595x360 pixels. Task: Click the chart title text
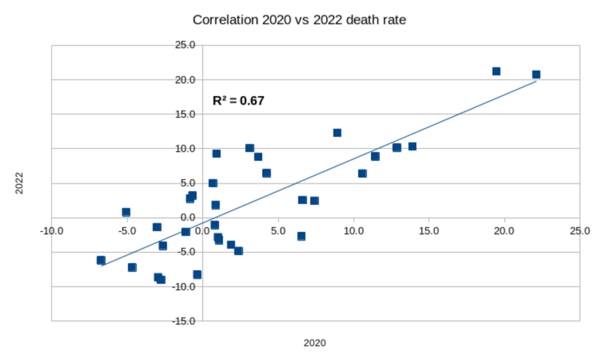click(x=299, y=20)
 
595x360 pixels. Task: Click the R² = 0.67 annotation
click(x=238, y=101)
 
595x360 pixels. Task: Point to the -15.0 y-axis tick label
click(x=187, y=321)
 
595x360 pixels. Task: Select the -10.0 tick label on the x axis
click(x=52, y=231)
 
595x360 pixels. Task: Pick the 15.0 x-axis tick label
click(x=429, y=231)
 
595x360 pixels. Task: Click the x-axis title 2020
click(x=315, y=343)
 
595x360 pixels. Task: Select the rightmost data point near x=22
click(x=536, y=74)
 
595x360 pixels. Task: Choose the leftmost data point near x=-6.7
click(x=101, y=260)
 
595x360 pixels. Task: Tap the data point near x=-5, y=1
click(x=126, y=213)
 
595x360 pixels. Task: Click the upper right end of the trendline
click(x=536, y=81)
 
